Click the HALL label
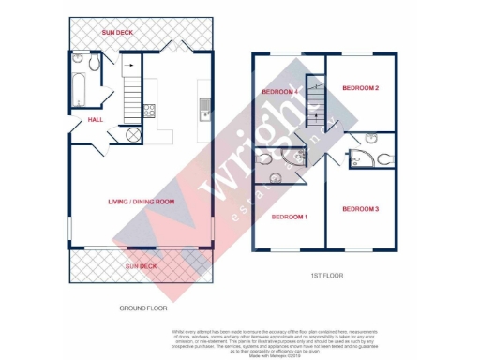(x=96, y=120)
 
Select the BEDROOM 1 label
(x=289, y=217)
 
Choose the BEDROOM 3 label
(x=360, y=208)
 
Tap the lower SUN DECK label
(x=142, y=265)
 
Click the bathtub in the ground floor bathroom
(x=78, y=92)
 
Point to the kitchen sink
(x=202, y=112)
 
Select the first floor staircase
(x=315, y=100)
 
